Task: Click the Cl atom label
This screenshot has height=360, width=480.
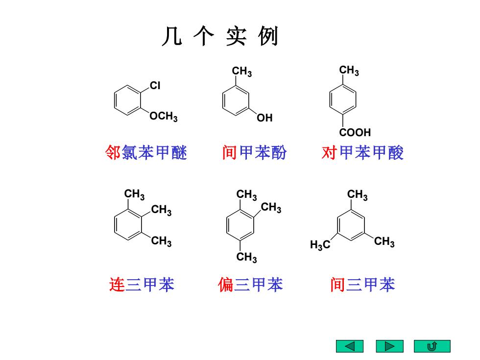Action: click(155, 85)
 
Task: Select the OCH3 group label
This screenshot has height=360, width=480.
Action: click(164, 116)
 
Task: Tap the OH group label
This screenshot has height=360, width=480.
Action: click(264, 118)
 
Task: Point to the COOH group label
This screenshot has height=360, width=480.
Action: click(355, 132)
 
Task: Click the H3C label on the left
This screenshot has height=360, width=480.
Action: click(320, 244)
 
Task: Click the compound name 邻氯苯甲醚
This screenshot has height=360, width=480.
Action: click(146, 152)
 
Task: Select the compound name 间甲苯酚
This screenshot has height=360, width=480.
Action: click(254, 152)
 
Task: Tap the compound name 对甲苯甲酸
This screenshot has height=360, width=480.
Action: click(362, 152)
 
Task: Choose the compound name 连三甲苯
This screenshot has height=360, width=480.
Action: click(142, 285)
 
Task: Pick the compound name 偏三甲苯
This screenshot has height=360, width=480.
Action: click(250, 285)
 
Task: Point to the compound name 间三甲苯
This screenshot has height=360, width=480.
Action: click(363, 285)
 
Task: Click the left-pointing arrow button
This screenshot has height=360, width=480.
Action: click(350, 346)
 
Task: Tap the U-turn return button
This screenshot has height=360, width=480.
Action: click(432, 346)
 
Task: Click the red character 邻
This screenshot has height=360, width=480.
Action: click(113, 152)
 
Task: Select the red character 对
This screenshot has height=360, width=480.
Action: click(329, 152)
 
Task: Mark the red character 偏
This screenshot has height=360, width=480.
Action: click(226, 285)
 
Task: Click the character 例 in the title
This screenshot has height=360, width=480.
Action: click(268, 36)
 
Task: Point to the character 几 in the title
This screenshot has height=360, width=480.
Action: click(172, 36)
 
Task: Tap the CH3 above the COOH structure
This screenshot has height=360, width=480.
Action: click(349, 71)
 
